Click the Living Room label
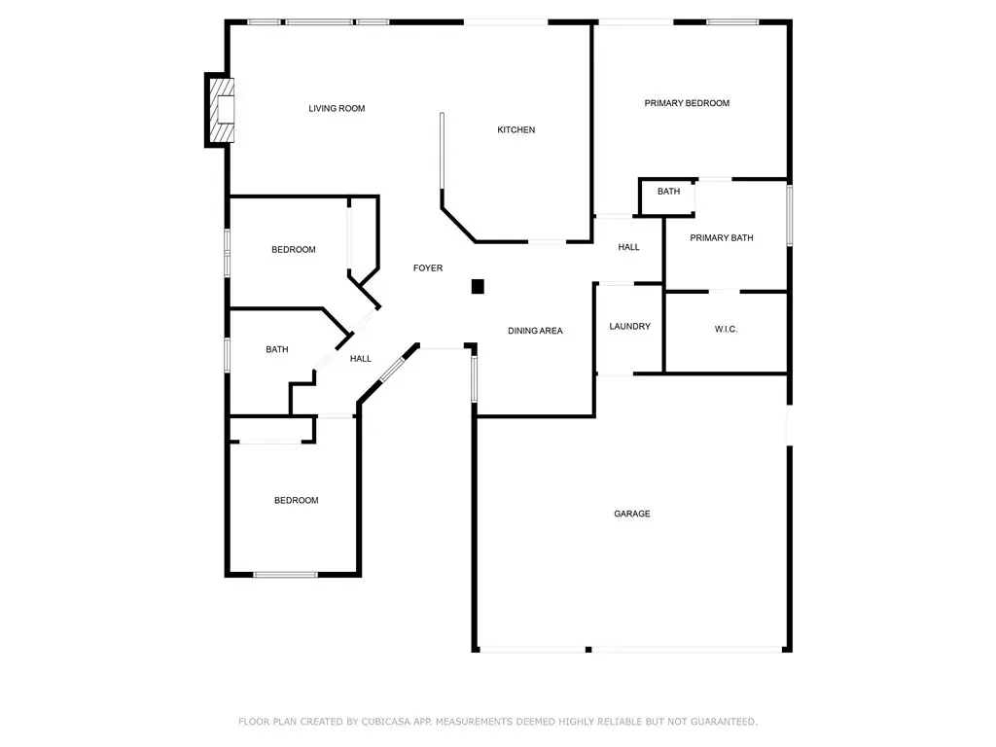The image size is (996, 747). point(337,109)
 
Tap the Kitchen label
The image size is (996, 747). point(516,129)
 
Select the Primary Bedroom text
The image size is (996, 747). point(687,103)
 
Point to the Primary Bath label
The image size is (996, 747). point(722,237)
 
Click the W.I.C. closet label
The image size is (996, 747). point(726,329)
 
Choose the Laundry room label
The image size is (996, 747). point(629,327)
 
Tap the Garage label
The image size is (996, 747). point(632,514)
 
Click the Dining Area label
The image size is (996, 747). point(536,331)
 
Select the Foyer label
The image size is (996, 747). point(428,268)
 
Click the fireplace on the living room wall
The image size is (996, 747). point(220,110)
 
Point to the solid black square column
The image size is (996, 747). point(478,287)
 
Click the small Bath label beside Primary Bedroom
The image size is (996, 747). point(668,192)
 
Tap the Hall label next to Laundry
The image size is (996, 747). point(629,247)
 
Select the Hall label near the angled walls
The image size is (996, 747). point(361,359)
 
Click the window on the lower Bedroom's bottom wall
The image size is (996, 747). point(286,575)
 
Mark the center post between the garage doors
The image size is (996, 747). point(588,649)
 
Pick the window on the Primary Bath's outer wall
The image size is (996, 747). point(790,215)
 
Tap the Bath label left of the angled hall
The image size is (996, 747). point(277,349)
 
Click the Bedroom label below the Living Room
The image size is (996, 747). point(294,250)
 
